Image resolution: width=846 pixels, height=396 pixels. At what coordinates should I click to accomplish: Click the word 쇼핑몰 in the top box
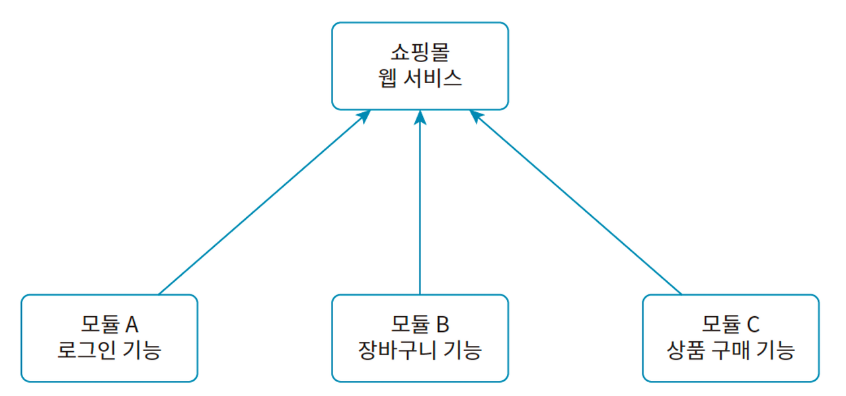pos(420,53)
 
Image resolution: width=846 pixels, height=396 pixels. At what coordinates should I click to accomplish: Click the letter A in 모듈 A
pos(131,325)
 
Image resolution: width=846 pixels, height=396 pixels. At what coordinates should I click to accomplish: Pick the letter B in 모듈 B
pos(442,325)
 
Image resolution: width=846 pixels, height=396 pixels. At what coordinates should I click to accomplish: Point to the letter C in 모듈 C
pos(753,325)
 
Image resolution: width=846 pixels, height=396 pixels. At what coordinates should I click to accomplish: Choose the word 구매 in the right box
pos(734,350)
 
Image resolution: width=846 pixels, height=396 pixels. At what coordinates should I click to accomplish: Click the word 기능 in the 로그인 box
pos(139,350)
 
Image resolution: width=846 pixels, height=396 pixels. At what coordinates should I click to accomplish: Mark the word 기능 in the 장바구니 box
pos(461,350)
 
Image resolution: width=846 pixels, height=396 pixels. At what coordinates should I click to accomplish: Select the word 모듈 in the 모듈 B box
pos(409,325)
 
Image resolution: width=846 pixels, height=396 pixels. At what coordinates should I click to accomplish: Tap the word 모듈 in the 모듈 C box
pos(720,325)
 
